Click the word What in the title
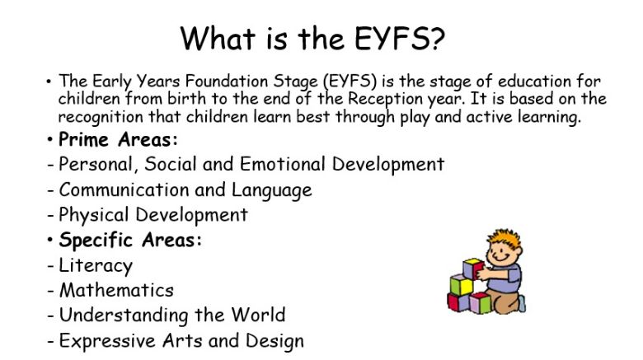[218, 38]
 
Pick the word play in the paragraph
[415, 118]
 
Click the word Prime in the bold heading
[83, 139]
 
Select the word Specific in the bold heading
[96, 241]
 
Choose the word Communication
[124, 189]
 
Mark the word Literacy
[96, 266]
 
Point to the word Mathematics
[116, 290]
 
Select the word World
[258, 315]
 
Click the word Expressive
[107, 341]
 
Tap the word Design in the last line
[275, 341]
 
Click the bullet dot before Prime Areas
[49, 139]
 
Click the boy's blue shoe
[522, 304]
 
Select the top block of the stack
[472, 269]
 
